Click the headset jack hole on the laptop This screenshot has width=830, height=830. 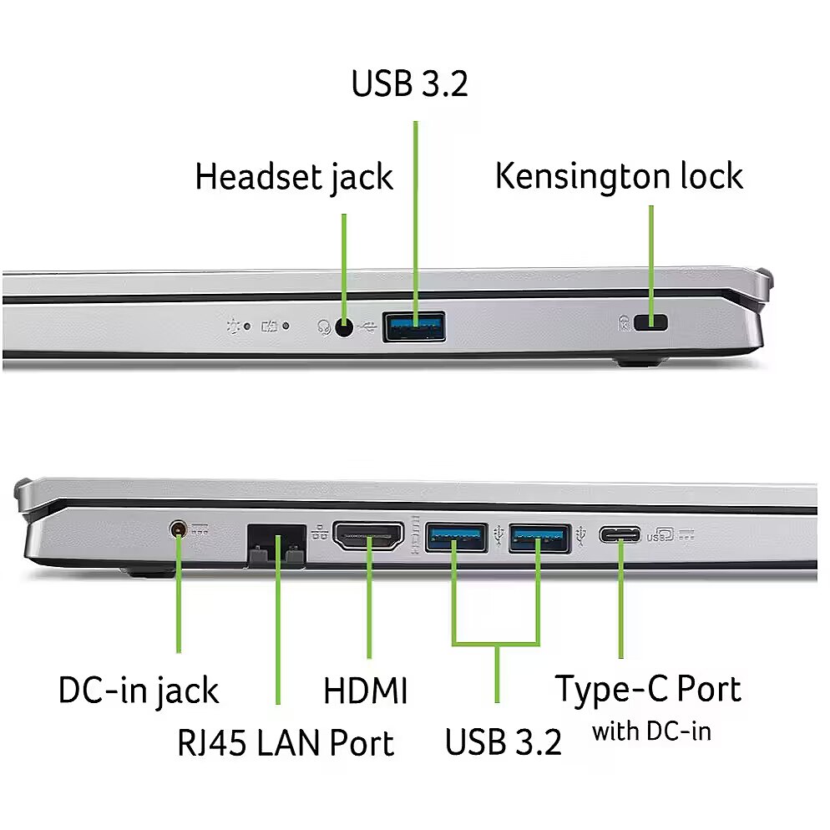pyautogui.click(x=344, y=328)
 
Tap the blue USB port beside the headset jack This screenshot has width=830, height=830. pyautogui.click(x=414, y=326)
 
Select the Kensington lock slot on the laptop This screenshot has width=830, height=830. pyautogui.click(x=651, y=322)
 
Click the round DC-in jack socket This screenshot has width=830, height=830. pyautogui.click(x=179, y=529)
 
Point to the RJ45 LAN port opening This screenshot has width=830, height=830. pyautogui.click(x=276, y=545)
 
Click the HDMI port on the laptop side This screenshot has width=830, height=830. pyautogui.click(x=368, y=536)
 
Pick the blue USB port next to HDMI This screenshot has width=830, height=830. pyautogui.click(x=456, y=538)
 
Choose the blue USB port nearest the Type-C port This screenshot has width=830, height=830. pyautogui.click(x=539, y=538)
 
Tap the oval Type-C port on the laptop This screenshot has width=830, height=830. pyautogui.click(x=620, y=534)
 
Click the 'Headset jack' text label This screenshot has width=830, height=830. pyautogui.click(x=294, y=178)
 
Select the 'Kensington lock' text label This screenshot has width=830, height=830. pyautogui.click(x=620, y=177)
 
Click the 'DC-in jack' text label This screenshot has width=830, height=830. pyautogui.click(x=139, y=691)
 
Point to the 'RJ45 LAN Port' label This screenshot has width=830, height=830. pyautogui.click(x=286, y=742)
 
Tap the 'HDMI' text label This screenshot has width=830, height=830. pyautogui.click(x=366, y=691)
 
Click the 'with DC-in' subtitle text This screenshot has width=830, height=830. pyautogui.click(x=651, y=732)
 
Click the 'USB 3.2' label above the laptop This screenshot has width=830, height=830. pyautogui.click(x=410, y=84)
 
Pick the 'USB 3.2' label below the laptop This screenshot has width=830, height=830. pyautogui.click(x=504, y=742)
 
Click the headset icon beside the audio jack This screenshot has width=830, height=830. pyautogui.click(x=324, y=327)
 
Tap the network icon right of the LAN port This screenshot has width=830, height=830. pyautogui.click(x=321, y=533)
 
